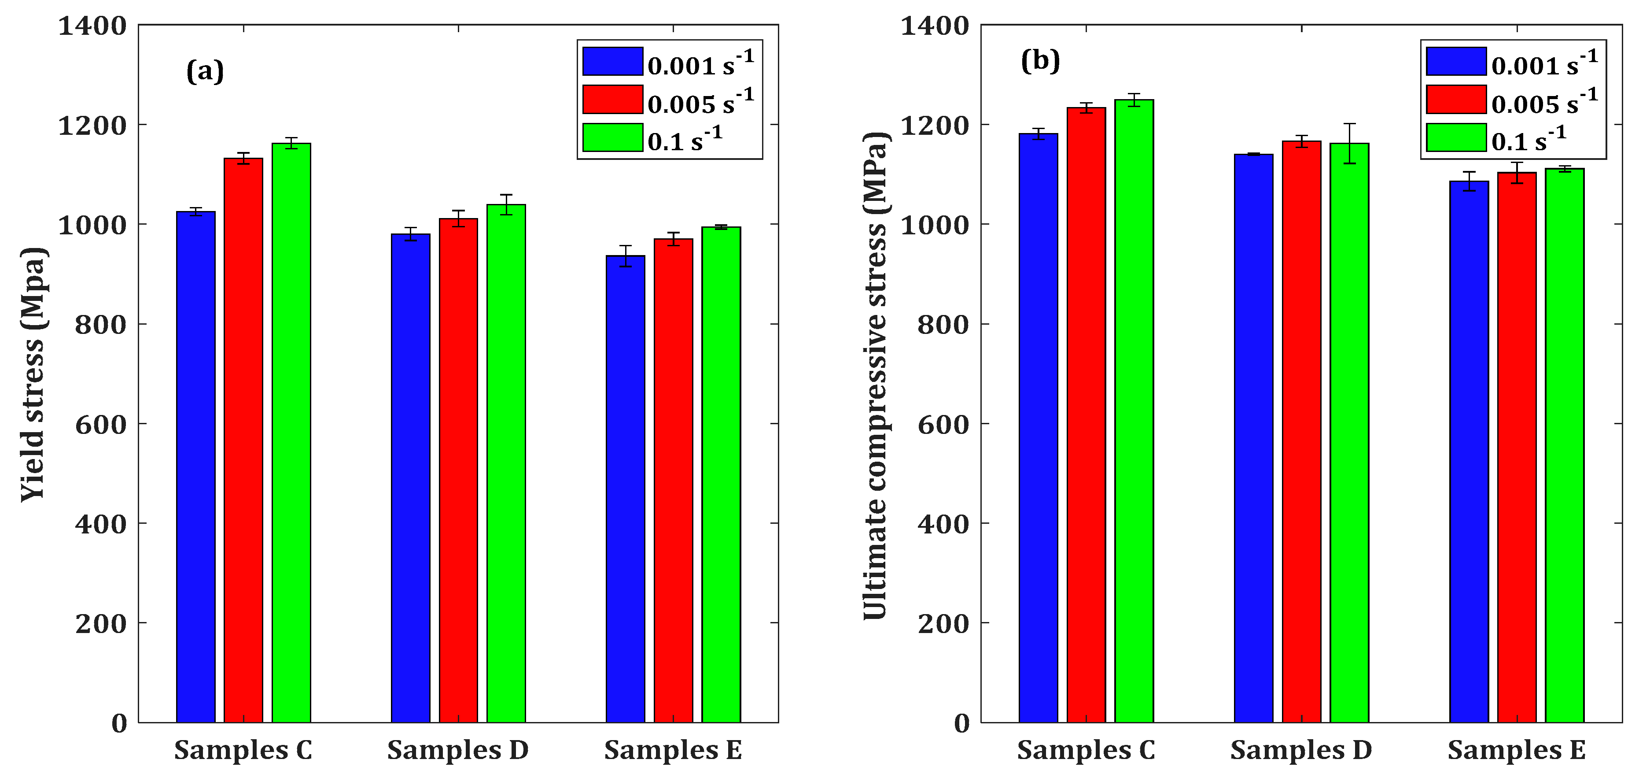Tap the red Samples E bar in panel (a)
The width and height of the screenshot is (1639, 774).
(673, 481)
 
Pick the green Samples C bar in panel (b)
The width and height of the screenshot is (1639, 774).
(1134, 411)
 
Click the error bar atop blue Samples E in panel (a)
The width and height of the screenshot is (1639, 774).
(626, 256)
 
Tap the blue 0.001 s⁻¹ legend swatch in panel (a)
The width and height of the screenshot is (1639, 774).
(612, 62)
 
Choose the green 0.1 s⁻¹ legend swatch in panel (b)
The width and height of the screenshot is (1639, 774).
(1456, 137)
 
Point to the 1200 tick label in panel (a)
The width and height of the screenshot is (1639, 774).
(92, 126)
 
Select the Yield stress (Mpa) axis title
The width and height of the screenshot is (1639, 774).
(33, 374)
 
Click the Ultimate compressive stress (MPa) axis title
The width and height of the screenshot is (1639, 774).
(876, 375)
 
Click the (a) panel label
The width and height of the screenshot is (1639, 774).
(205, 70)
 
